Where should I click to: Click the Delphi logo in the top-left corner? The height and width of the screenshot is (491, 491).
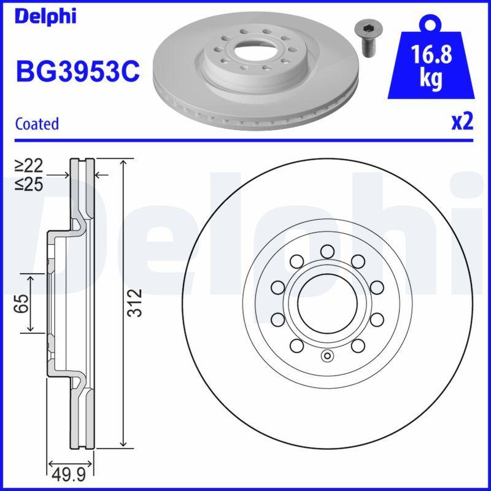[45, 16]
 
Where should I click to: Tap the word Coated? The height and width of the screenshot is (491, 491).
[37, 123]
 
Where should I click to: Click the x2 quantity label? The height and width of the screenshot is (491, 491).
[462, 122]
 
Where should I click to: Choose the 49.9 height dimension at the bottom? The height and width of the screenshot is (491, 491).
[70, 474]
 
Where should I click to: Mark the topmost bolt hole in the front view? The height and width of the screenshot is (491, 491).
[327, 250]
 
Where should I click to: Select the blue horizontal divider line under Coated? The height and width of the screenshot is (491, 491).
[245, 141]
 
